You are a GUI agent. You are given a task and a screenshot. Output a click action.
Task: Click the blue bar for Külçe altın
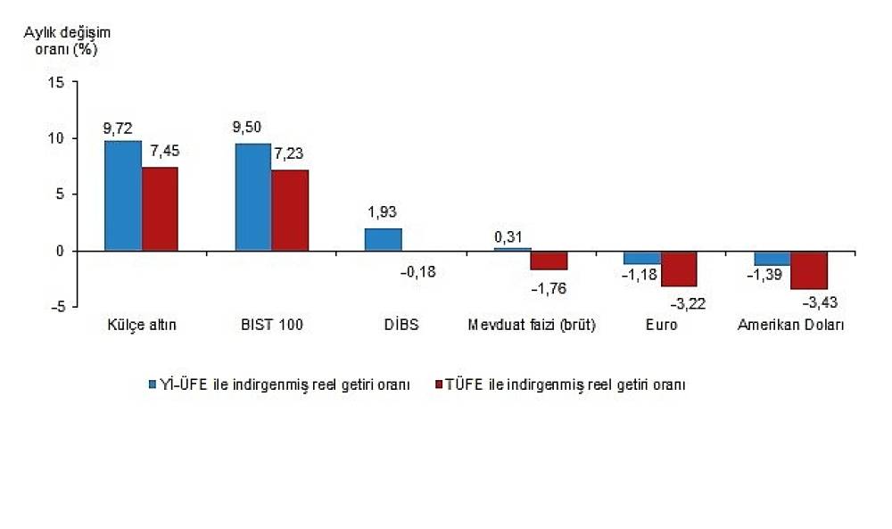coord(123,195)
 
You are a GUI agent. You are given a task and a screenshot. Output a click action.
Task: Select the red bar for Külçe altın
coord(160,209)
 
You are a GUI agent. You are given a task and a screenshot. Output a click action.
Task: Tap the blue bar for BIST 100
coord(253,197)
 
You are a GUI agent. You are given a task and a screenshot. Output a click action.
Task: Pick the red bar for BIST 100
coord(290,210)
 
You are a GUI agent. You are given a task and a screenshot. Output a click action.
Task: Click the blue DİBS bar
coord(383,239)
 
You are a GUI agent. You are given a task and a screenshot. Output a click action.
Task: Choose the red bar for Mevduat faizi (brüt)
coord(549,260)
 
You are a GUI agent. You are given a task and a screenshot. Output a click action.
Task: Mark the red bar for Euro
coord(679,269)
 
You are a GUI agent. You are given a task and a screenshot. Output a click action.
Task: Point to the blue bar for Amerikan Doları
coord(772,258)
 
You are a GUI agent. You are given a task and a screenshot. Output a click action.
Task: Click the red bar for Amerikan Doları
coord(809,270)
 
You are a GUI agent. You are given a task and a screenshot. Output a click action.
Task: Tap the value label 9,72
coord(118,128)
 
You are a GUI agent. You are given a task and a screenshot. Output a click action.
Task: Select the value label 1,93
coord(382,212)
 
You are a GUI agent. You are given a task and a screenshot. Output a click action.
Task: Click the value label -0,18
coord(418,272)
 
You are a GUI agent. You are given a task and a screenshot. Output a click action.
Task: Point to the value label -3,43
coord(820,302)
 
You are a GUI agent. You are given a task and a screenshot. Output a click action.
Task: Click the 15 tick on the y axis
coord(57,82)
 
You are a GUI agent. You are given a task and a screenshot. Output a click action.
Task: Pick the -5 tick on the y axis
coord(59,307)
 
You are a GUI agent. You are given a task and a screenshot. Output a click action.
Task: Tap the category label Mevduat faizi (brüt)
coord(532,325)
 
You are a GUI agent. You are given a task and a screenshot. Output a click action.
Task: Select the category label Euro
coord(662,325)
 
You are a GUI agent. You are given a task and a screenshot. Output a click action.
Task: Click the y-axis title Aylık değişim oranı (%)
coord(67,41)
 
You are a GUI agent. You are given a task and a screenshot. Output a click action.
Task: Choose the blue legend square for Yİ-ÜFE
coord(153,384)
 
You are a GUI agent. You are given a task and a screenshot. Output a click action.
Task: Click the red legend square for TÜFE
coord(439,384)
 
